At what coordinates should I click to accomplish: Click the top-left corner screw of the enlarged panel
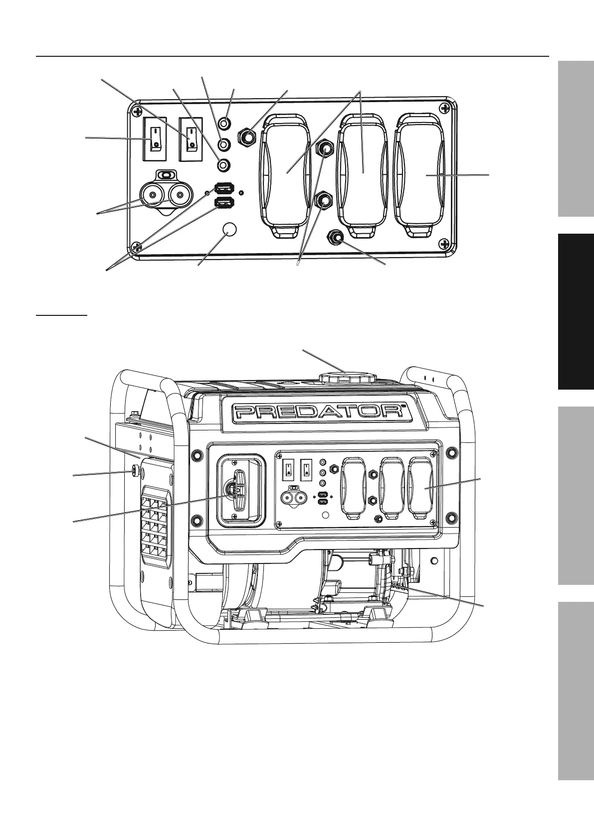point(136,112)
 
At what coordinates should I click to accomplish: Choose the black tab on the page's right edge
point(576,311)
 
